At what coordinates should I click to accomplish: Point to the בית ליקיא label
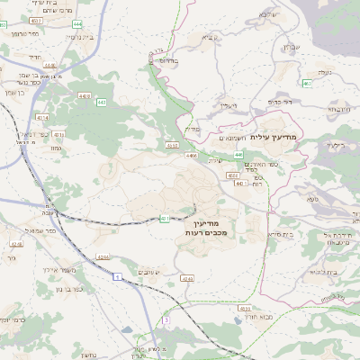click(320, 271)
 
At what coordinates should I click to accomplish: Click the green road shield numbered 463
click(307, 83)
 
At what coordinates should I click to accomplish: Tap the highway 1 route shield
click(117, 276)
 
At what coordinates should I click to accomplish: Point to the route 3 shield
click(166, 319)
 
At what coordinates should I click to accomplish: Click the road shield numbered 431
click(165, 218)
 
